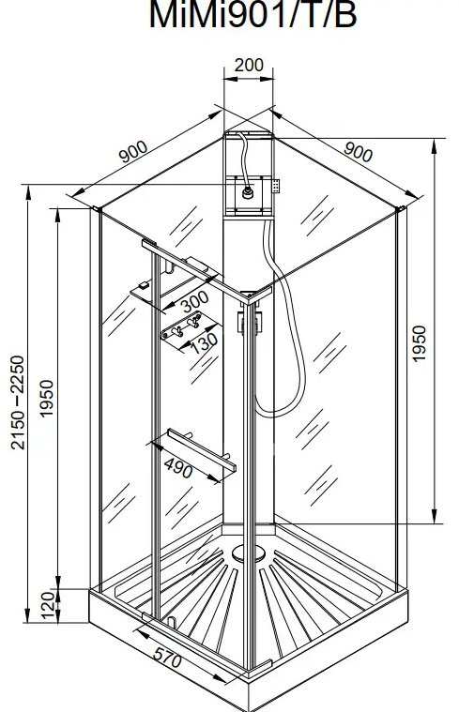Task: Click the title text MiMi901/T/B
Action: pyautogui.click(x=252, y=14)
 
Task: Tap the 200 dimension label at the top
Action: pyautogui.click(x=249, y=65)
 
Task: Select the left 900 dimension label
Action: pyautogui.click(x=133, y=152)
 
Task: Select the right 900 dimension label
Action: pyautogui.click(x=359, y=151)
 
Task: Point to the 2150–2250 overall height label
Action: pyautogui.click(x=17, y=402)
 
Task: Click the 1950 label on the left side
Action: pyautogui.click(x=46, y=399)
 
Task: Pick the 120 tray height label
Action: pyautogui.click(x=48, y=605)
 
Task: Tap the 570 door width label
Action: pyautogui.click(x=167, y=657)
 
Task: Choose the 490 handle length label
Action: pyautogui.click(x=178, y=468)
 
